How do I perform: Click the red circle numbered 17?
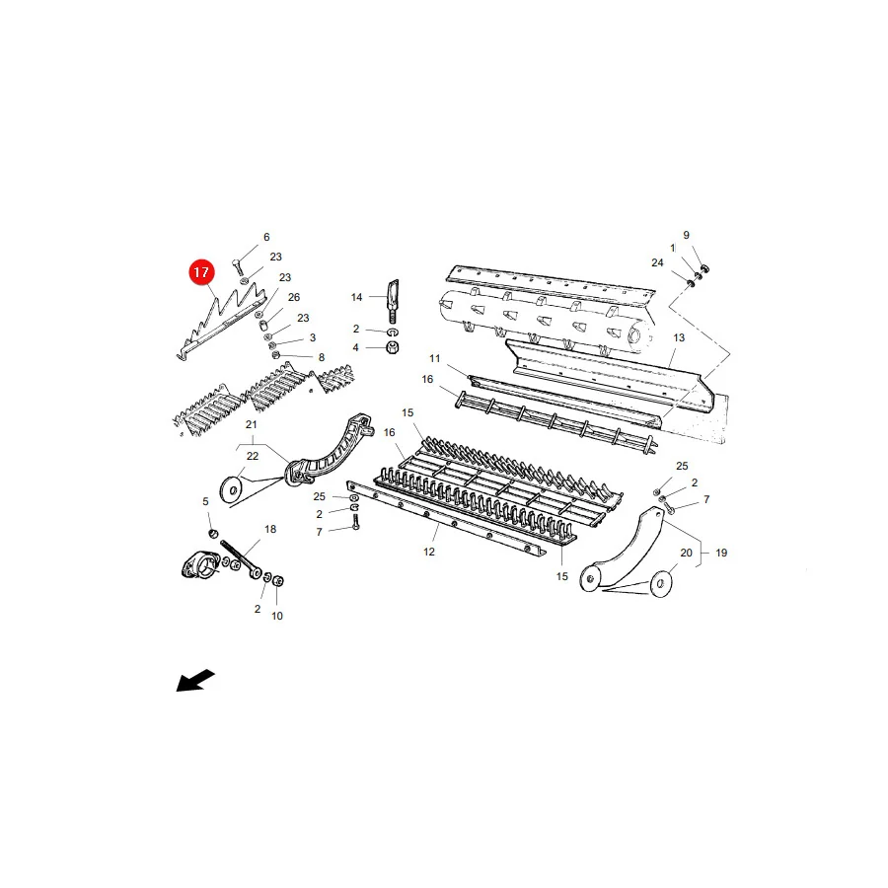(201, 272)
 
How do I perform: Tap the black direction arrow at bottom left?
(195, 680)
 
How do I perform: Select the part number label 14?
(356, 297)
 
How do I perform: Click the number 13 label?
(679, 337)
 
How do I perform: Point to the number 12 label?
(429, 552)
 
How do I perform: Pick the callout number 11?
(434, 358)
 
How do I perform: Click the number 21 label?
(251, 424)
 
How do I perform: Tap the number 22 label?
(252, 456)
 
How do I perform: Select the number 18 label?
(270, 529)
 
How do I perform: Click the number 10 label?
(277, 616)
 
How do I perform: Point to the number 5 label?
(205, 501)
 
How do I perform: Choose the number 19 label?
(721, 553)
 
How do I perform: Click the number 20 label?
(686, 553)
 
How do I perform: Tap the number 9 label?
(687, 235)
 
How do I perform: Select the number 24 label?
(657, 262)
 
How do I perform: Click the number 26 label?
(294, 297)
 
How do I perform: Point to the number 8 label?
(322, 357)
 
